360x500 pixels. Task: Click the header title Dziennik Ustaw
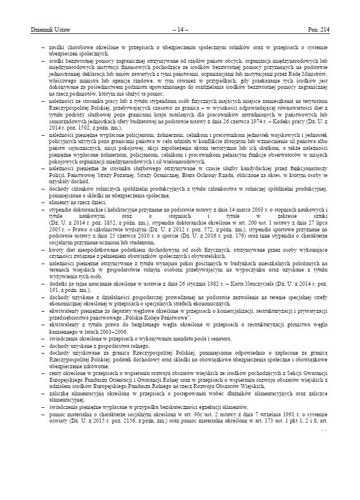click(x=43, y=29)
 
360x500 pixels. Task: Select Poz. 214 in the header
click(x=319, y=29)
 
